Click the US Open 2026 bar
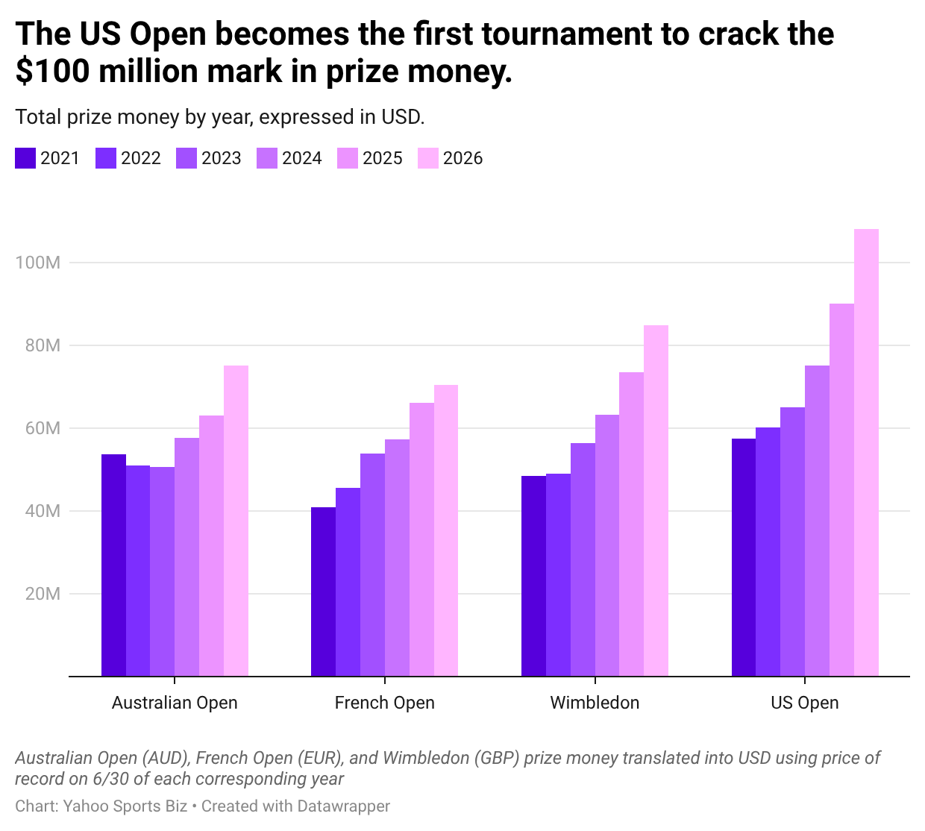pos(866,453)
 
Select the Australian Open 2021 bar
pos(113,565)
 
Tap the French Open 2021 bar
pos(323,592)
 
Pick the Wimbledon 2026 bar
pos(656,501)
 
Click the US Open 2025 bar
pos(841,490)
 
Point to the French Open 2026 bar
pos(446,530)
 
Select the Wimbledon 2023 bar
pos(583,559)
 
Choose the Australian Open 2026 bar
pos(236,521)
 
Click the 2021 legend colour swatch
pos(25,158)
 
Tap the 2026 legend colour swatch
pos(427,158)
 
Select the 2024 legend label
pos(302,158)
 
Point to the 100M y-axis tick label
pos(38,263)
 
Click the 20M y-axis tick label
pos(43,594)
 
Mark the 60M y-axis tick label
pos(43,428)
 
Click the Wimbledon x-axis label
pos(595,703)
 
